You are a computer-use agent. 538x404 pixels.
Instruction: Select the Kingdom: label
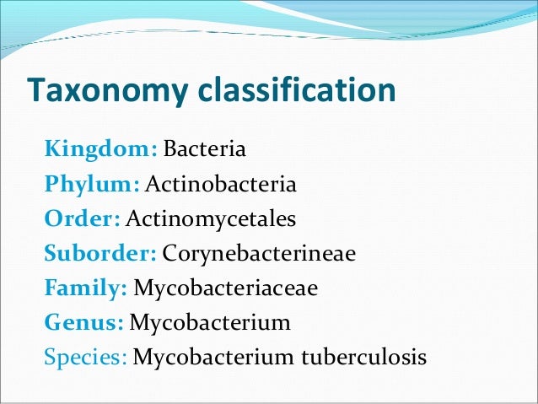click(x=100, y=151)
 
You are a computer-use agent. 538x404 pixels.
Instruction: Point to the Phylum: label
click(x=92, y=186)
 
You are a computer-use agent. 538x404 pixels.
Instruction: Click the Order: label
click(x=83, y=219)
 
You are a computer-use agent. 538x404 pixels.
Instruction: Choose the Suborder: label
click(x=100, y=254)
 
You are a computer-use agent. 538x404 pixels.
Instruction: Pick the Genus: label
click(x=83, y=323)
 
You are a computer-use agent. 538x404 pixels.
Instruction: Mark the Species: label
click(x=86, y=358)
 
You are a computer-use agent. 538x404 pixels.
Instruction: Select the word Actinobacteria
click(x=221, y=186)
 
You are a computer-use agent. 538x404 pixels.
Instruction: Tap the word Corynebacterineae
click(x=260, y=254)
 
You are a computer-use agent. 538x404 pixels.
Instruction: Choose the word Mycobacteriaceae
click(x=226, y=288)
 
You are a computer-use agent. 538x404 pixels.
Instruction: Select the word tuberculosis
click(x=365, y=358)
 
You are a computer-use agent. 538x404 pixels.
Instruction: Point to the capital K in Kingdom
click(x=51, y=151)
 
